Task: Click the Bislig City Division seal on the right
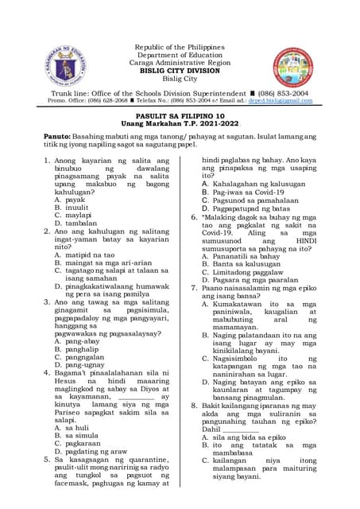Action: tap(294, 65)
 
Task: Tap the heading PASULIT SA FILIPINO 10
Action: tap(179, 115)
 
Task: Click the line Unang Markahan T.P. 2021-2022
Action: tap(179, 124)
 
